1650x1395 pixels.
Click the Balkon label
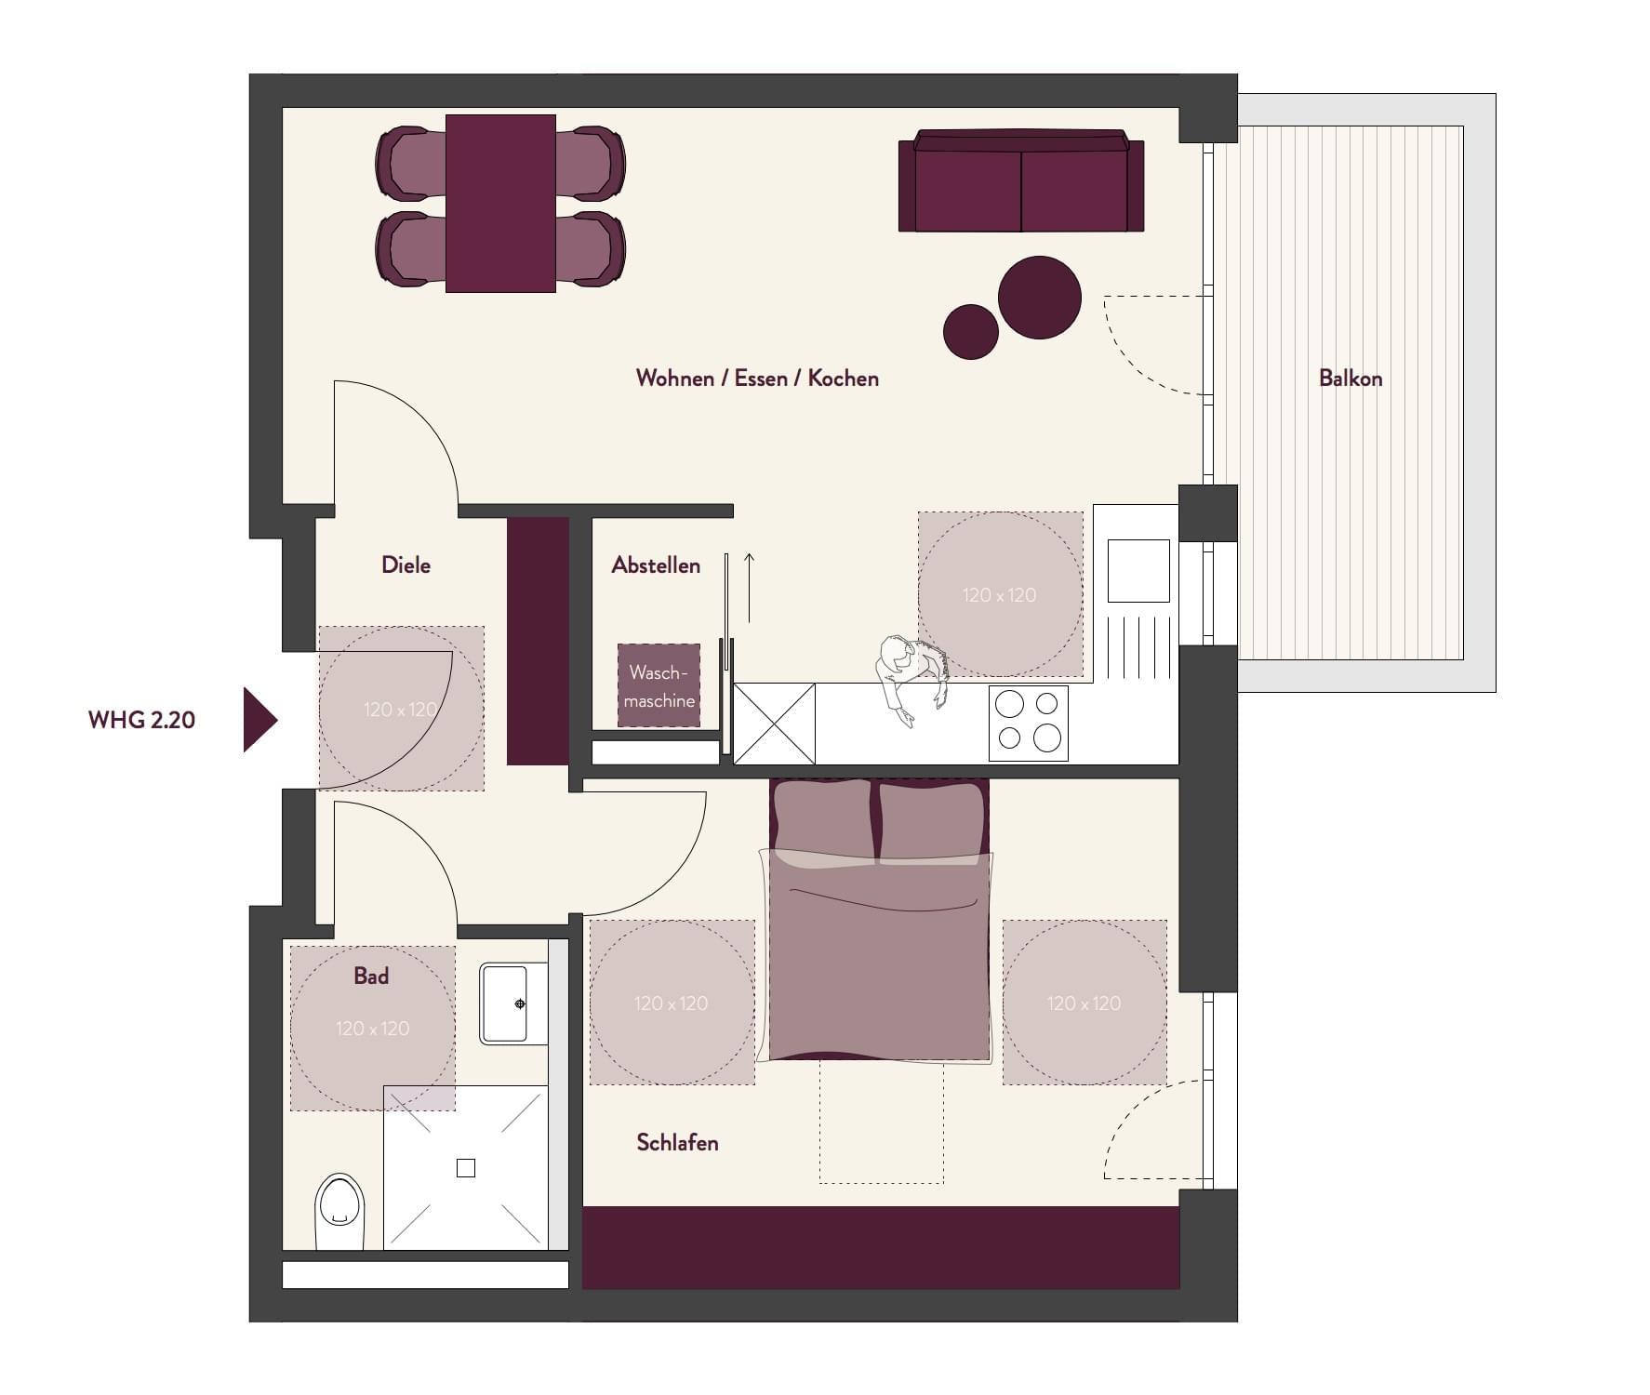coord(1351,379)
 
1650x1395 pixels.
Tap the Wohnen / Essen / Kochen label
coord(757,379)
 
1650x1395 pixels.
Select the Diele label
coord(406,565)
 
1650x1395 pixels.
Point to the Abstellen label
coord(656,565)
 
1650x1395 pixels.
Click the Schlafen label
coord(677,1143)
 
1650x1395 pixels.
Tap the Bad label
coord(371,976)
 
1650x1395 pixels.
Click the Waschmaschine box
coord(659,685)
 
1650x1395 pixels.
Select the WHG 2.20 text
coord(141,720)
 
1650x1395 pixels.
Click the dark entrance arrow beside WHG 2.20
coord(259,720)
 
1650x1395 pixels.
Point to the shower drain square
coord(466,1168)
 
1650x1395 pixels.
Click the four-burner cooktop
coord(1028,724)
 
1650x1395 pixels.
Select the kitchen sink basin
coord(1138,571)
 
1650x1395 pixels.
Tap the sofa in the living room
coord(1021,181)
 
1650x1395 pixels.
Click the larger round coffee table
coord(1040,298)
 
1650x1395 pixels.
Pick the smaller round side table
coord(971,331)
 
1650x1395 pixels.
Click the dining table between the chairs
coord(500,204)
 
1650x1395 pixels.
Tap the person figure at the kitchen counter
coord(910,679)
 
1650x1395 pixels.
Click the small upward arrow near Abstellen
coord(749,588)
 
